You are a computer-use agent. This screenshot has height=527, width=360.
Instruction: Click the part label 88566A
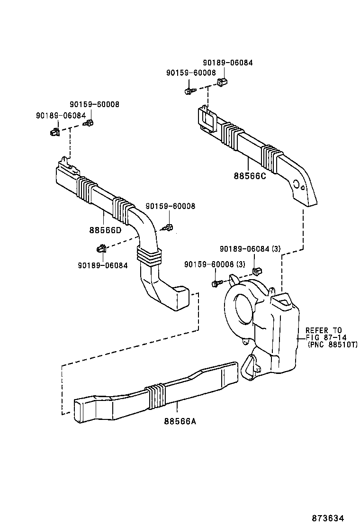coord(180,420)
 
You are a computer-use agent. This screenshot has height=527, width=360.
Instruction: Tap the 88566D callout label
coord(105,231)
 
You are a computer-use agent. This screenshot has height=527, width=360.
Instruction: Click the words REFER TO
coord(323,330)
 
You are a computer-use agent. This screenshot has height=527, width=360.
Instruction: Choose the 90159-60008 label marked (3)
coord(215,264)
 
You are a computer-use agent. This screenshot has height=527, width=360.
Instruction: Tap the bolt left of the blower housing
coord(216,283)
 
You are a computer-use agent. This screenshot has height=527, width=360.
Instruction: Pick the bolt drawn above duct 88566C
coord(189,90)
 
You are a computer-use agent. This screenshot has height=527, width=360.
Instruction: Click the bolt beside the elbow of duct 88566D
coord(169,228)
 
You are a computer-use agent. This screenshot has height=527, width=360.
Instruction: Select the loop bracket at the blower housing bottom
coord(250,365)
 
